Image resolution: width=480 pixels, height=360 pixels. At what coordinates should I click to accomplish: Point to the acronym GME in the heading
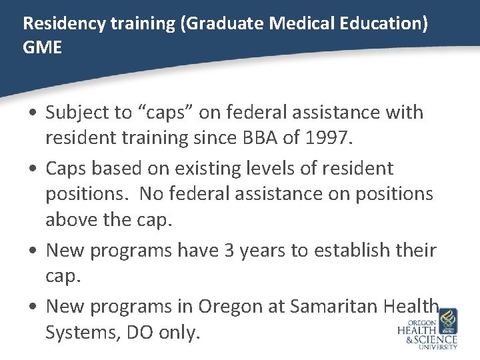tap(42, 48)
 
